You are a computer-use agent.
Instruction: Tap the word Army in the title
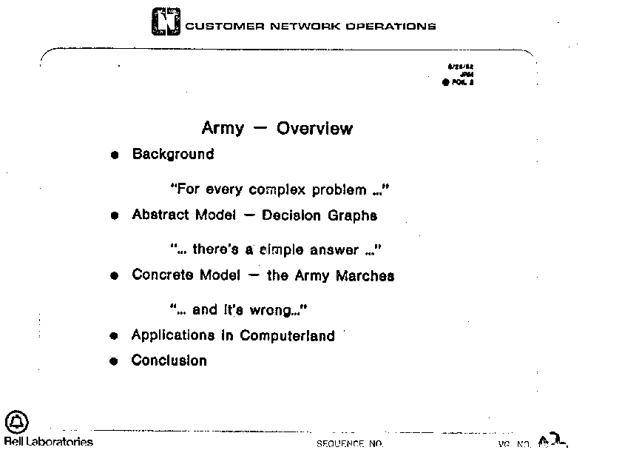pos(222,129)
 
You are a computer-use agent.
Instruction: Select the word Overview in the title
pos(314,129)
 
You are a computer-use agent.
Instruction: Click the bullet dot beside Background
pos(114,155)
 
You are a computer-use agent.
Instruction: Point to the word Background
pos(173,155)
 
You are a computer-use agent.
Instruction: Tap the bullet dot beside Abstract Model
pos(114,216)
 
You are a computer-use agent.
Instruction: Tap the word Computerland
pos(287,335)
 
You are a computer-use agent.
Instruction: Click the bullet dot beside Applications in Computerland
pos(114,336)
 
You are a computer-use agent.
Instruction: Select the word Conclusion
pos(169,361)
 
